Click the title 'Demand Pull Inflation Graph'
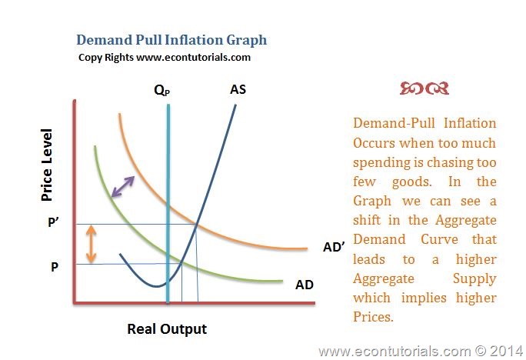pyautogui.click(x=171, y=40)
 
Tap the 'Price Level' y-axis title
pyautogui.click(x=47, y=165)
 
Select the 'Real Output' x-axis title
pyautogui.click(x=167, y=329)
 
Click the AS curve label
pyautogui.click(x=238, y=89)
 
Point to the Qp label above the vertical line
pyautogui.click(x=162, y=90)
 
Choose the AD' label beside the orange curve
pyautogui.click(x=334, y=247)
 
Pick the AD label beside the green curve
pyautogui.click(x=305, y=285)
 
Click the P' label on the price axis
pyautogui.click(x=54, y=222)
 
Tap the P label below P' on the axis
pyautogui.click(x=55, y=267)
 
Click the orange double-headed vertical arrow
pyautogui.click(x=92, y=244)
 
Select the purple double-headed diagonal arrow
pyautogui.click(x=123, y=187)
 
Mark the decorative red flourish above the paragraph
pyautogui.click(x=424, y=88)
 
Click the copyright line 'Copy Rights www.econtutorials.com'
pyautogui.click(x=165, y=58)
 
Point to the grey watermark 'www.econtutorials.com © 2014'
pyautogui.click(x=421, y=352)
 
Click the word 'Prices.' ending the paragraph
pyautogui.click(x=373, y=317)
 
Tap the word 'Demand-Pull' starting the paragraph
pyautogui.click(x=394, y=123)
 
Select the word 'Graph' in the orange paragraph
pyautogui.click(x=372, y=202)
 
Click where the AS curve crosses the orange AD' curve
pyautogui.click(x=196, y=224)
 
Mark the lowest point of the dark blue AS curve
pyautogui.click(x=156, y=286)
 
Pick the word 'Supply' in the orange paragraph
pyautogui.click(x=474, y=279)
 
